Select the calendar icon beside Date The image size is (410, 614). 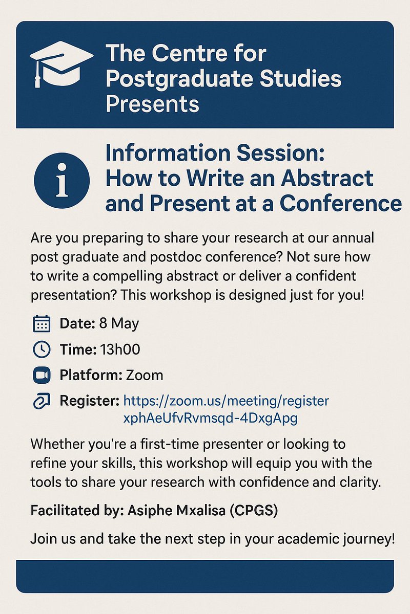point(41,324)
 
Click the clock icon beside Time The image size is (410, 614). point(41,349)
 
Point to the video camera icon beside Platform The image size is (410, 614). point(41,376)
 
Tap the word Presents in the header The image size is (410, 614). point(152,104)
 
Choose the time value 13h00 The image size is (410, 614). point(120,349)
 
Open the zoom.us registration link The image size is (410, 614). point(226,401)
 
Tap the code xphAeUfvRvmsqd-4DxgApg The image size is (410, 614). point(211,418)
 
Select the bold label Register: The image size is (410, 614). point(89,401)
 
